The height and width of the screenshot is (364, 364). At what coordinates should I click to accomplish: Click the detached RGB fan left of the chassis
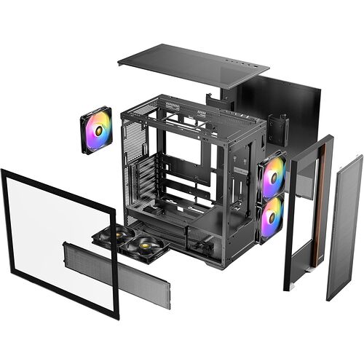pyautogui.click(x=96, y=130)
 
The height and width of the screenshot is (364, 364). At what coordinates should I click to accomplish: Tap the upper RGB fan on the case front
pyautogui.click(x=273, y=175)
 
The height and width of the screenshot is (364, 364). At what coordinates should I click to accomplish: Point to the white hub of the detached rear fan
pyautogui.click(x=96, y=130)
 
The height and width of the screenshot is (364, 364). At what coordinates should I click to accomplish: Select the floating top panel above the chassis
pyautogui.click(x=193, y=66)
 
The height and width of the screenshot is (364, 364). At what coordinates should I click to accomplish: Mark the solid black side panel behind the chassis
pyautogui.click(x=291, y=109)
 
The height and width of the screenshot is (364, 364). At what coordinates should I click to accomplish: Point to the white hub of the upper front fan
pyautogui.click(x=274, y=175)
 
